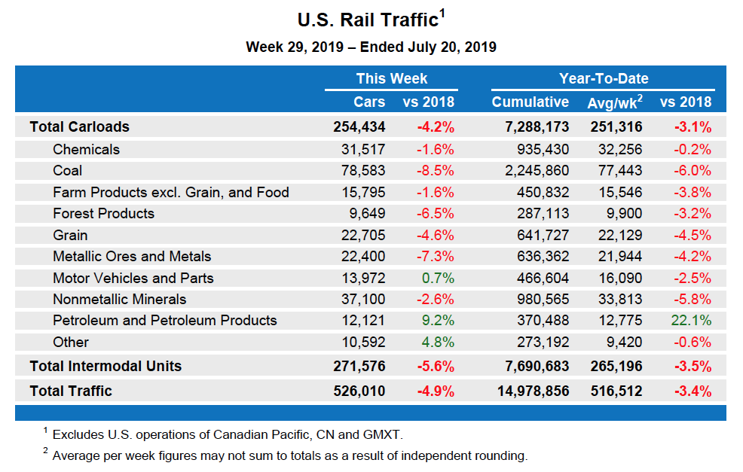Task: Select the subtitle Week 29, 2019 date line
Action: tap(371, 47)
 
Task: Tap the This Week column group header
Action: tap(391, 79)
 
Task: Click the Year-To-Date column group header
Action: tap(604, 79)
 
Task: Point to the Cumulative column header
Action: tap(530, 102)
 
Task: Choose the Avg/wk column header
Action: tap(614, 102)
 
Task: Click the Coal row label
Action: tap(68, 171)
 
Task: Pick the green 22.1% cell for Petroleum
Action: tap(690, 321)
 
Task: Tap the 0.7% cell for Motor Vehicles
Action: tap(438, 278)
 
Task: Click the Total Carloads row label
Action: tap(79, 127)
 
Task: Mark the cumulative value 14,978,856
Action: tap(533, 391)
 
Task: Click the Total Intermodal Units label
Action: tap(105, 367)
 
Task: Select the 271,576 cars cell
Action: tap(359, 367)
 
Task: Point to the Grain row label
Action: tap(70, 235)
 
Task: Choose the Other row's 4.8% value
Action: tap(438, 343)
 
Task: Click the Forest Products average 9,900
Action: tap(622, 214)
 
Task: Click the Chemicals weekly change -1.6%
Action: tap(436, 150)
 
